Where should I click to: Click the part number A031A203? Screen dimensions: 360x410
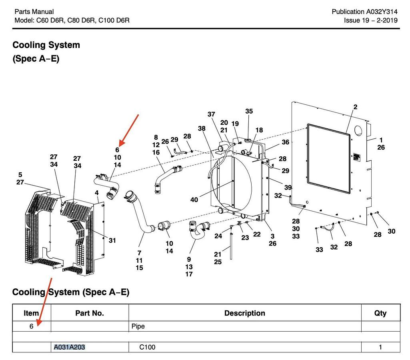(70, 347)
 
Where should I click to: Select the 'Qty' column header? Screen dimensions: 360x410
(380, 313)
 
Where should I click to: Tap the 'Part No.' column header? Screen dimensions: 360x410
(90, 313)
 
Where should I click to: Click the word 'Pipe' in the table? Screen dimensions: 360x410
(138, 326)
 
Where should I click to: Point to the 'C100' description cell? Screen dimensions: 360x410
(147, 347)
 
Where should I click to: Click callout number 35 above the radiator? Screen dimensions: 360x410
(249, 111)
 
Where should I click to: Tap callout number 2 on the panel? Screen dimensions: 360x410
(355, 107)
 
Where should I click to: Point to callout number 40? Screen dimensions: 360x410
(194, 200)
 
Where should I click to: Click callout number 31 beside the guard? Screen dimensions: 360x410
(112, 240)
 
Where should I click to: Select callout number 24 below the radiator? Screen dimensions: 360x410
(218, 236)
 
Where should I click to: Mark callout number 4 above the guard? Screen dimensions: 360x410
(97, 193)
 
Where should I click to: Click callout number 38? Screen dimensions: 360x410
(202, 128)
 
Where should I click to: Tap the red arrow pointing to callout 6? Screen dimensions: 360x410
(130, 130)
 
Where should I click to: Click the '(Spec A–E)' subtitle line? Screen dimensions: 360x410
(36, 59)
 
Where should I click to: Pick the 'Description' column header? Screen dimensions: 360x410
(244, 313)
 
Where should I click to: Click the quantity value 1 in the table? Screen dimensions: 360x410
(380, 347)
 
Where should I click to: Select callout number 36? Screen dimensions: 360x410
(285, 142)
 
